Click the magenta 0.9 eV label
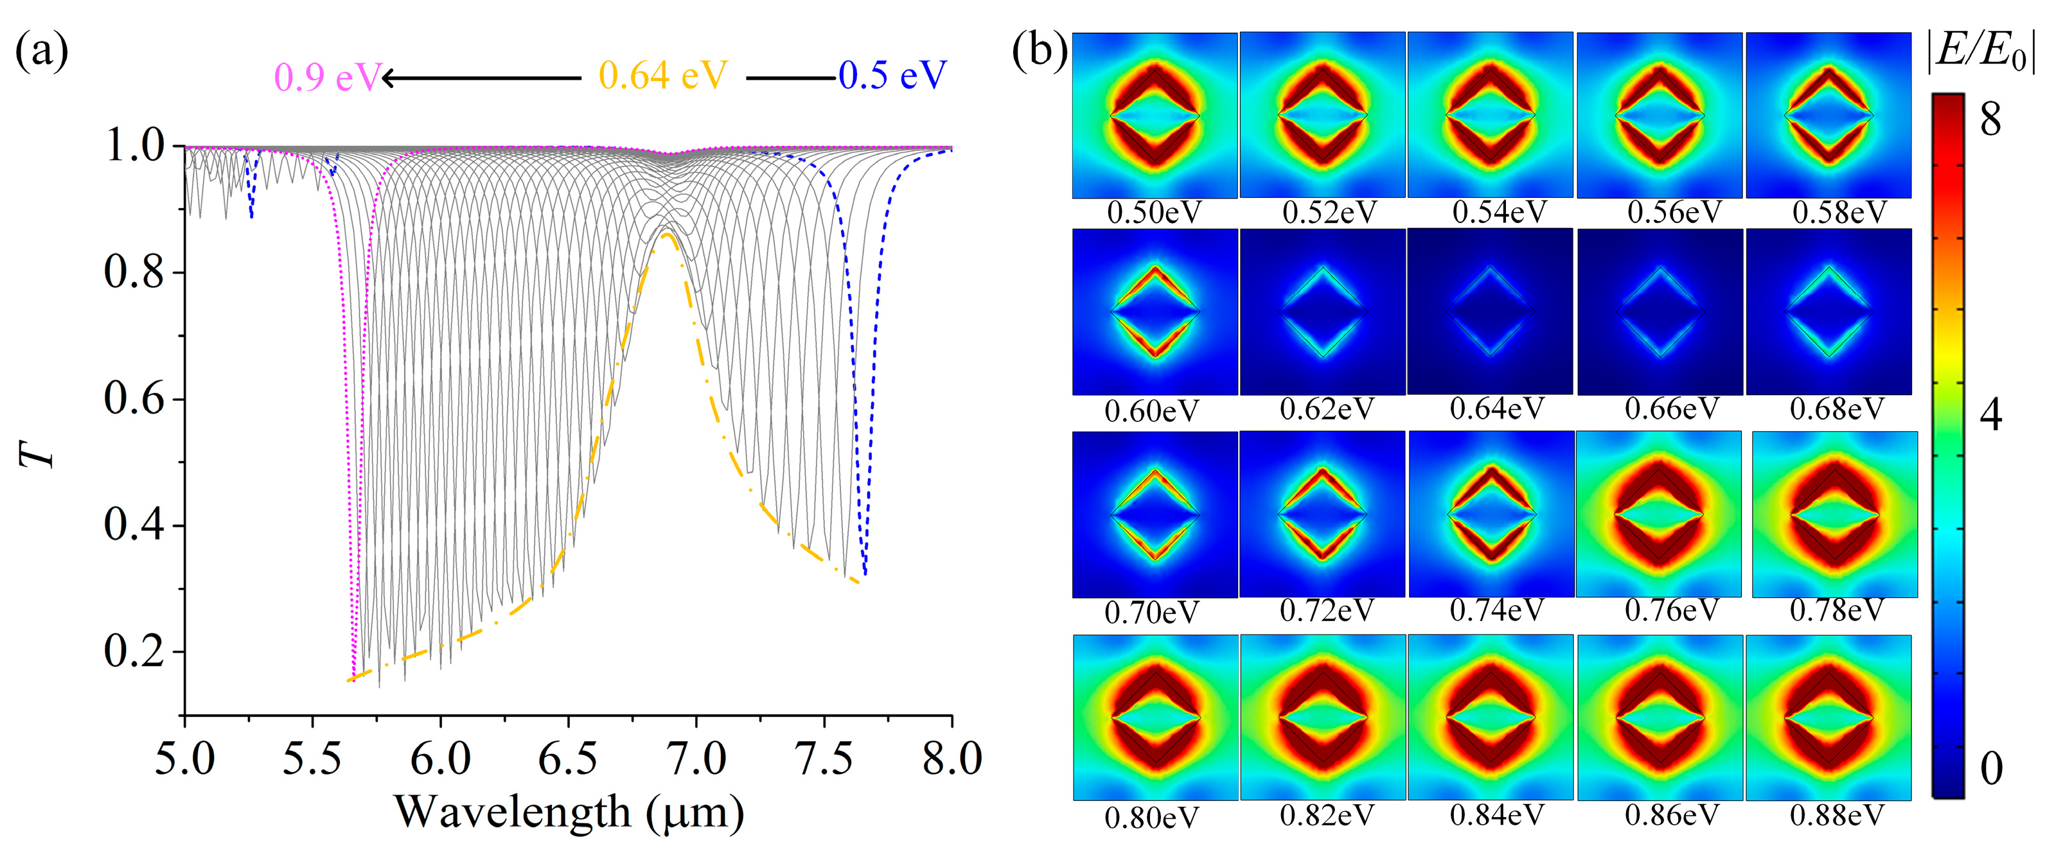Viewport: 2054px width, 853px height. point(327,77)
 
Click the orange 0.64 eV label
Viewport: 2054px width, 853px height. point(664,76)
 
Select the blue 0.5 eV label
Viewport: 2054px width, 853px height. point(892,76)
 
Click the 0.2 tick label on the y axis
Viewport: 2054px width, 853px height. point(134,652)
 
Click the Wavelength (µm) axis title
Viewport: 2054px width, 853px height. point(569,813)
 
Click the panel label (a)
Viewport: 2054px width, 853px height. point(42,52)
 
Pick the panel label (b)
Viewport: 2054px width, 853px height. point(1039,52)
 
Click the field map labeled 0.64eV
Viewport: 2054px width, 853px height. point(1489,311)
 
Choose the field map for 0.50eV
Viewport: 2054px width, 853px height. point(1155,116)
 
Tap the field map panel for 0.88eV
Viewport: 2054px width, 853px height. point(1828,717)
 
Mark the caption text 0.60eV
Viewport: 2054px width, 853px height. point(1151,411)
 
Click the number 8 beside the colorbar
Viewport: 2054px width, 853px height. point(1991,119)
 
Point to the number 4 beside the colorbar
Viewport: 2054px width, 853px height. point(1991,414)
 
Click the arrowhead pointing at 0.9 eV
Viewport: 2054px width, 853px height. point(388,78)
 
